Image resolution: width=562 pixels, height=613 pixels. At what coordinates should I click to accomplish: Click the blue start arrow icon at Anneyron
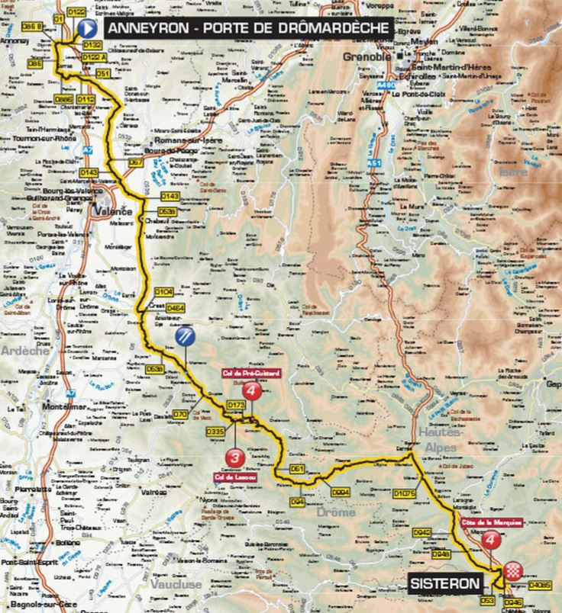pyautogui.click(x=86, y=29)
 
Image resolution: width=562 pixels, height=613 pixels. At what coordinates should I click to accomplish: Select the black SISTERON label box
pyautogui.click(x=446, y=584)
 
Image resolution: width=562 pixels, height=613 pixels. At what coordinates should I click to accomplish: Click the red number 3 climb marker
pyautogui.click(x=234, y=457)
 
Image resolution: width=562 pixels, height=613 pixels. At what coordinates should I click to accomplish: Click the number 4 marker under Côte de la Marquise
pyautogui.click(x=492, y=541)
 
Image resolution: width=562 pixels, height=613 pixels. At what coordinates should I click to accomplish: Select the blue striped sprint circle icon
pyautogui.click(x=185, y=336)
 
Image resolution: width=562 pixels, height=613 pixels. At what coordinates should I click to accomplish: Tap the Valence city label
pyautogui.click(x=118, y=211)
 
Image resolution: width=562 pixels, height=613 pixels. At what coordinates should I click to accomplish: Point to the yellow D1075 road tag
pyautogui.click(x=404, y=494)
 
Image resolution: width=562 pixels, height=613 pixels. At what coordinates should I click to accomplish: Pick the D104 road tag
pyautogui.click(x=164, y=291)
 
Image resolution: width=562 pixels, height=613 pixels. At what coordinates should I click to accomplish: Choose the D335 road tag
pyautogui.click(x=215, y=432)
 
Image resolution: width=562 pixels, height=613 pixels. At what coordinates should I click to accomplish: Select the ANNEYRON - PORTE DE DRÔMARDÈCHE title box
pyautogui.click(x=249, y=28)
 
